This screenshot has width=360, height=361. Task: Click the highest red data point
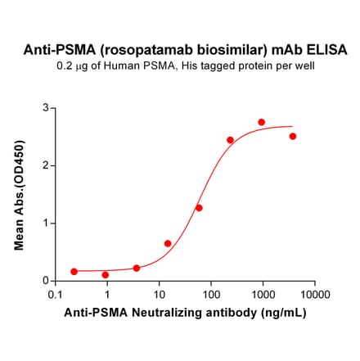262,122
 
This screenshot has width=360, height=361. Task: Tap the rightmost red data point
293,136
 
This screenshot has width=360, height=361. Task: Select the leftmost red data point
74,271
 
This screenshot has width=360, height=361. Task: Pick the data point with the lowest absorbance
106,274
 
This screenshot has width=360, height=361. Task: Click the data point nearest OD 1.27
199,208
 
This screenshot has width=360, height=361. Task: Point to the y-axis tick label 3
47,108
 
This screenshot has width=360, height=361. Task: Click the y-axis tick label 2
47,165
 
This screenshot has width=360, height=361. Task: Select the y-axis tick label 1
47,223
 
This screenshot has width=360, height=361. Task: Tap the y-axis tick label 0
47,281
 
